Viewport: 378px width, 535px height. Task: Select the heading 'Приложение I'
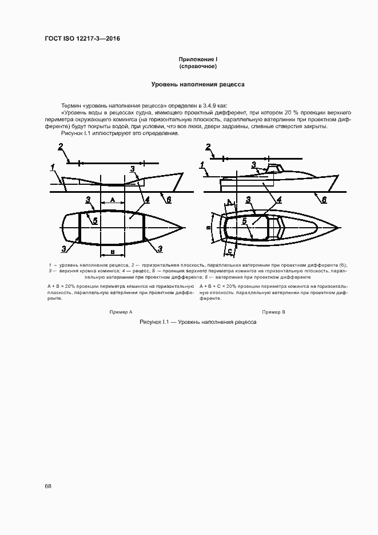coord(198,60)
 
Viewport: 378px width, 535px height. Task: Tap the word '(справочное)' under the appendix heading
coord(198,66)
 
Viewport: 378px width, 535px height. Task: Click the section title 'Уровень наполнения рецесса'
coord(198,84)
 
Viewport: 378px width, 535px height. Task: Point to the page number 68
coord(48,486)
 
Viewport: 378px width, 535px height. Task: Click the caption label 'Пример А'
coord(121,312)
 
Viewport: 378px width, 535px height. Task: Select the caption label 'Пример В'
coord(273,312)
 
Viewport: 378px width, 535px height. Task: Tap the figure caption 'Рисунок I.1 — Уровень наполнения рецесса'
coord(198,322)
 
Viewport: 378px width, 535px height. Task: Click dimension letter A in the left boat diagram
coord(113,200)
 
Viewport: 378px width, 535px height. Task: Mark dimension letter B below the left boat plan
coord(113,252)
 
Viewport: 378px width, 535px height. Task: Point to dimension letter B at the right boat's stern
coord(209,227)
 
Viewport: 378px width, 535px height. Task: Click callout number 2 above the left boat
coord(60,147)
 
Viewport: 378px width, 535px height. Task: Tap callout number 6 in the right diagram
coord(324,199)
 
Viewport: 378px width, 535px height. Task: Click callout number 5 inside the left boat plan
coord(95,220)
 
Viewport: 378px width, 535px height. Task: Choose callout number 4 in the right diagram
coord(278,200)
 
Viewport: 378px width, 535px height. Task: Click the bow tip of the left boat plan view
coord(184,228)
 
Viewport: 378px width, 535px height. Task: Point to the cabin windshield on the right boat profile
coord(279,168)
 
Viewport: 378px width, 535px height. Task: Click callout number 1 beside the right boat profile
coord(202,166)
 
